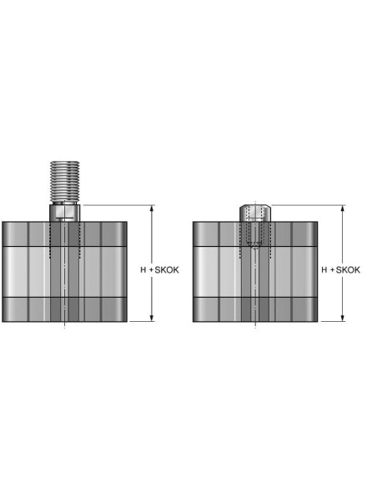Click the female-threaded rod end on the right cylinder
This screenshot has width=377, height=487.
coord(255,213)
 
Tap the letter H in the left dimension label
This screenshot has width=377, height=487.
coord(143,270)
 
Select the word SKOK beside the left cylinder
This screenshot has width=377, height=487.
coord(167,270)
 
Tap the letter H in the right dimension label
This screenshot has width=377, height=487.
coord(324,270)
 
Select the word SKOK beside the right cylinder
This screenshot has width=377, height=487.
coord(348,270)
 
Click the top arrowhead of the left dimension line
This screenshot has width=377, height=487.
coord(152,208)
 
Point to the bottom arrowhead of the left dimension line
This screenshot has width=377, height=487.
coord(152,318)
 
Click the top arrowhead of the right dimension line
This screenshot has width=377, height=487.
coord(343,208)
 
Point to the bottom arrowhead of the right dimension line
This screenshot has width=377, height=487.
coord(343,318)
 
